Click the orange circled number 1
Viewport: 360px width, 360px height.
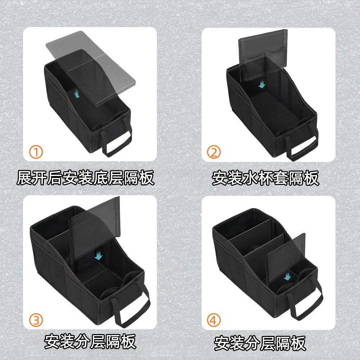coord(36,152)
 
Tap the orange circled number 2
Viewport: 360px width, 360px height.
coord(214,152)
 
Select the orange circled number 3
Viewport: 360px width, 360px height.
coord(36,320)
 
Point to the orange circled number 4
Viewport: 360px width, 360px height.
coord(214,320)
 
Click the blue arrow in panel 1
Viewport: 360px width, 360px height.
coord(78,94)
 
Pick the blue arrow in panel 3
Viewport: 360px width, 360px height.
coord(99,255)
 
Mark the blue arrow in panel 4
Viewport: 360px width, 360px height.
coord(287,276)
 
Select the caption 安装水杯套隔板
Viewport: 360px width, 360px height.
coord(265,178)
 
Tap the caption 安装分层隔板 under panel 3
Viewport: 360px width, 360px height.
coord(90,342)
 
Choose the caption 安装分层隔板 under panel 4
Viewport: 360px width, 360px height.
coord(260,343)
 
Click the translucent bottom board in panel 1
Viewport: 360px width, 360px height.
coord(91,69)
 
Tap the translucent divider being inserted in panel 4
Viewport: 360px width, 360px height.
coord(285,258)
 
